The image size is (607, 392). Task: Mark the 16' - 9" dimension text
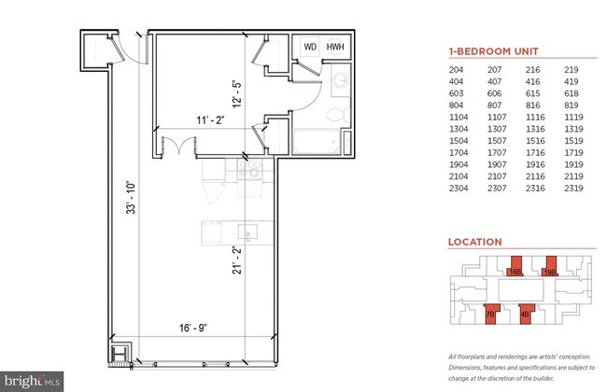pos(199,328)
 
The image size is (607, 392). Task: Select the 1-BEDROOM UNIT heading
pos(494,52)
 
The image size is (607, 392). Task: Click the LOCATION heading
pos(475,242)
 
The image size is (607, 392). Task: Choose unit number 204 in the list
pos(458,70)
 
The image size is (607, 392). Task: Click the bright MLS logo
pos(33,381)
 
